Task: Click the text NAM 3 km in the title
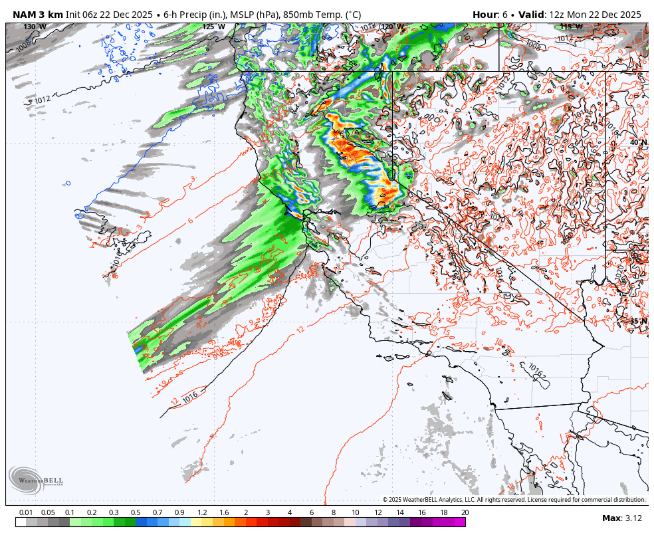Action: click(x=37, y=15)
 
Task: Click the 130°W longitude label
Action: click(x=35, y=27)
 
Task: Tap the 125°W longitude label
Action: click(x=213, y=27)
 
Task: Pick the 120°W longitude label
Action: click(x=391, y=27)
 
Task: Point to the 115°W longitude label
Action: click(x=571, y=27)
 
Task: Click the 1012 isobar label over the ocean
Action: click(x=42, y=100)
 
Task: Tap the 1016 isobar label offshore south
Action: click(x=190, y=397)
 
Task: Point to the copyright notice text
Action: click(x=514, y=500)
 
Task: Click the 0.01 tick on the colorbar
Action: click(x=27, y=512)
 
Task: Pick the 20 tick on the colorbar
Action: click(x=465, y=512)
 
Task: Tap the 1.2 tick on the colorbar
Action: click(x=202, y=512)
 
